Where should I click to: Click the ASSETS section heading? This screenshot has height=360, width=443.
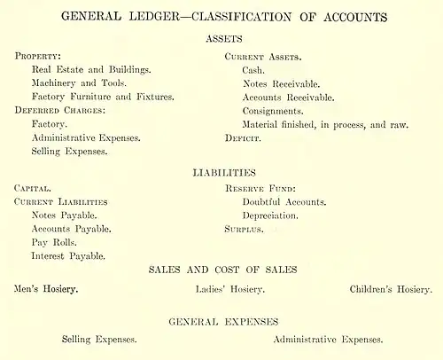pyautogui.click(x=223, y=39)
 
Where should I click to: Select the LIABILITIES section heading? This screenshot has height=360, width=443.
pyautogui.click(x=223, y=172)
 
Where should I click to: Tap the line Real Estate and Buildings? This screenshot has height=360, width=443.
pyautogui.click(x=91, y=69)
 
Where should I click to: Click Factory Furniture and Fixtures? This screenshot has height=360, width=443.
pyautogui.click(x=102, y=96)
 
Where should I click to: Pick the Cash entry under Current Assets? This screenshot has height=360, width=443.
pyautogui.click(x=254, y=69)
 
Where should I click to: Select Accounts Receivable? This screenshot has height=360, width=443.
pyautogui.click(x=289, y=97)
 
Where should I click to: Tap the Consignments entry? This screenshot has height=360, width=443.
pyautogui.click(x=273, y=111)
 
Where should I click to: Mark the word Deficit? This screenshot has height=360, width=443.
pyautogui.click(x=243, y=138)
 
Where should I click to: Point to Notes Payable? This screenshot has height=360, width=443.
pyautogui.click(x=64, y=215)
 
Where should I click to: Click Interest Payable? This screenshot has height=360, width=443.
pyautogui.click(x=69, y=255)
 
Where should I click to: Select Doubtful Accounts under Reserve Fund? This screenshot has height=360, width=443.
pyautogui.click(x=284, y=202)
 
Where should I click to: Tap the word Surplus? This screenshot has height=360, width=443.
pyautogui.click(x=245, y=229)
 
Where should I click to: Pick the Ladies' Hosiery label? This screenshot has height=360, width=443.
pyautogui.click(x=229, y=289)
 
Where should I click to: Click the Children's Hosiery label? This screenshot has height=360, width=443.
pyautogui.click(x=390, y=289)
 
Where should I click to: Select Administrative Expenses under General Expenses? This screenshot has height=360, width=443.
pyautogui.click(x=328, y=340)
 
